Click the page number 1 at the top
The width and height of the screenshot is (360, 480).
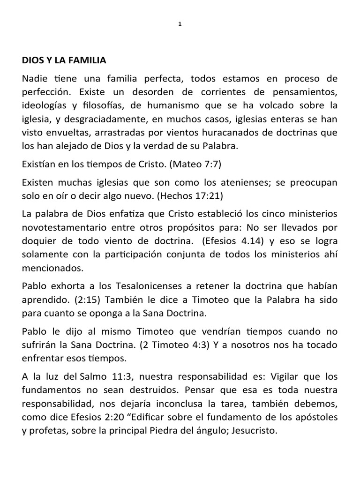click(x=180, y=25)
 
